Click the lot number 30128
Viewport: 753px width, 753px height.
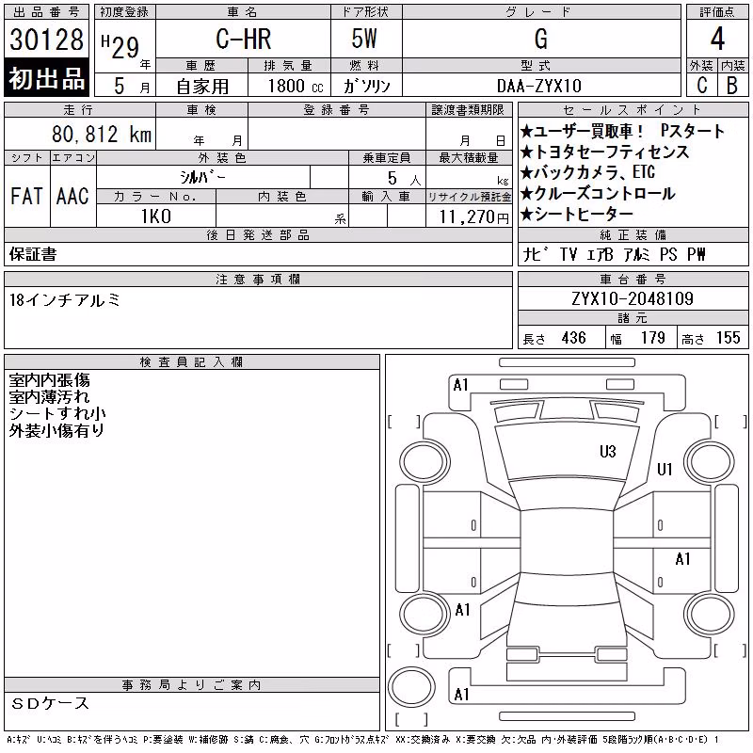pyautogui.click(x=46, y=40)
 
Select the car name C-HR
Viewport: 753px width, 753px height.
pyautogui.click(x=244, y=39)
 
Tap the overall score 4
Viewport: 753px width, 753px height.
pyautogui.click(x=717, y=39)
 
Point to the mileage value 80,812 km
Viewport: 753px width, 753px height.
pyautogui.click(x=102, y=134)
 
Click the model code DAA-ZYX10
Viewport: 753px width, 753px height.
pyautogui.click(x=539, y=86)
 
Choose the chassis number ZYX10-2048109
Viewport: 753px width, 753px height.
pyautogui.click(x=633, y=298)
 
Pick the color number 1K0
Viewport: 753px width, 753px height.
pyautogui.click(x=156, y=216)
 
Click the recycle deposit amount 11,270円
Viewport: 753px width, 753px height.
pyautogui.click(x=474, y=217)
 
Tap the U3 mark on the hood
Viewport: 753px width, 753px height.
pyautogui.click(x=607, y=452)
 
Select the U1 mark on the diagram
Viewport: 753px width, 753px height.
pyautogui.click(x=665, y=469)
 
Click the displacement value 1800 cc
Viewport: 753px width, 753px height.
pyautogui.click(x=296, y=86)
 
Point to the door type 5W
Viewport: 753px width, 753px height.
pyautogui.click(x=364, y=39)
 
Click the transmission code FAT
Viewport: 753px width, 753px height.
pyautogui.click(x=26, y=196)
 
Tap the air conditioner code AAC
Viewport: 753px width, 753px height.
pyautogui.click(x=72, y=196)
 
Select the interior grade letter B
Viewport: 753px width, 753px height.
pyautogui.click(x=732, y=86)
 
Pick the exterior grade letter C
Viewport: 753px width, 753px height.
pyautogui.click(x=702, y=86)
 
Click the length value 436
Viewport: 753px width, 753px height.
pyautogui.click(x=573, y=338)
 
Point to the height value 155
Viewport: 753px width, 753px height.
pyautogui.click(x=728, y=338)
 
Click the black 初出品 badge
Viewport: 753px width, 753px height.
pyautogui.click(x=46, y=78)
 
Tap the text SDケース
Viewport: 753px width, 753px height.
pyautogui.click(x=50, y=703)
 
